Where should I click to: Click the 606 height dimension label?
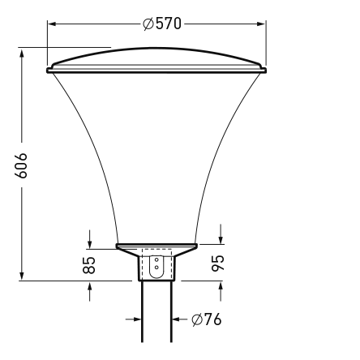click(x=23, y=165)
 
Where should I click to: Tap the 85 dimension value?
click(x=90, y=264)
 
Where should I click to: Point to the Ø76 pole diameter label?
click(x=207, y=319)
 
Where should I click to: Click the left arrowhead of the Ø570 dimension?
click(x=53, y=24)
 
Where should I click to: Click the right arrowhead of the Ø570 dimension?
click(x=262, y=24)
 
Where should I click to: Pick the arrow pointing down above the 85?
click(x=90, y=242)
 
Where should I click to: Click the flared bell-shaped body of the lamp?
click(x=156, y=154)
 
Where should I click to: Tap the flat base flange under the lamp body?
click(x=156, y=245)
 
